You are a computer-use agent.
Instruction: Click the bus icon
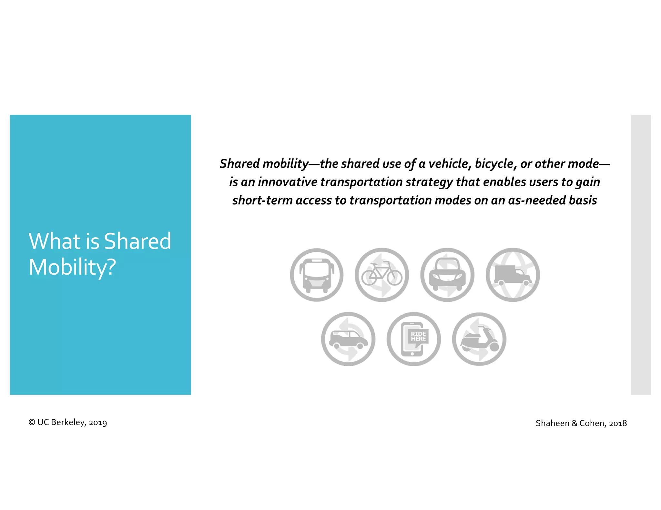tap(317, 275)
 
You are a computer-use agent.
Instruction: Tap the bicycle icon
tap(382, 275)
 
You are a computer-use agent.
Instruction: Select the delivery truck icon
tap(513, 275)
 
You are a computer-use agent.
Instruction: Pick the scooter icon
tap(479, 339)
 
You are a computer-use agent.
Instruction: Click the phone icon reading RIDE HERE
tap(413, 339)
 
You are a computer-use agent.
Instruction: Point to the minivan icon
tap(348, 339)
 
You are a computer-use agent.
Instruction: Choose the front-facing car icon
tap(447, 275)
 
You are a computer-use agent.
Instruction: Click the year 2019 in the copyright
tap(98, 423)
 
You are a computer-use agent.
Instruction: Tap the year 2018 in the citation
tap(618, 423)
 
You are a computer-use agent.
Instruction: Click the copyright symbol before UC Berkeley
tap(32, 422)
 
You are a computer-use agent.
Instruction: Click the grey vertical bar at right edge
tap(641, 255)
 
